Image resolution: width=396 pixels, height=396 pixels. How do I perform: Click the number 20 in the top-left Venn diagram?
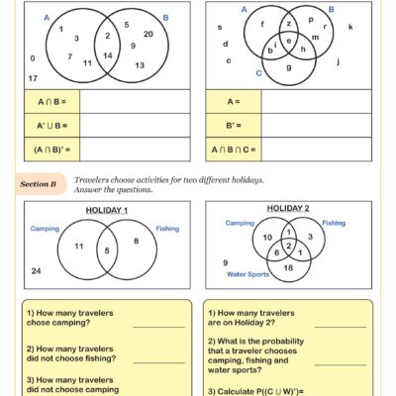[148, 34]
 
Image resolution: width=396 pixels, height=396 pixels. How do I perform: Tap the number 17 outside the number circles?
[33, 77]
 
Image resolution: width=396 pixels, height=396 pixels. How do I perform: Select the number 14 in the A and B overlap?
[108, 54]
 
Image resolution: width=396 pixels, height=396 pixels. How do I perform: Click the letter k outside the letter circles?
[351, 27]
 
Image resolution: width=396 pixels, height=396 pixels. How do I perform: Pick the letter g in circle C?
[288, 67]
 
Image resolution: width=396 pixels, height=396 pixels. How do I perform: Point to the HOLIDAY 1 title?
[106, 211]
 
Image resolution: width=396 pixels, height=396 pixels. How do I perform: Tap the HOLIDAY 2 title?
[288, 209]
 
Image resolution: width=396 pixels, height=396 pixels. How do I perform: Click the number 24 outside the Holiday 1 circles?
[36, 270]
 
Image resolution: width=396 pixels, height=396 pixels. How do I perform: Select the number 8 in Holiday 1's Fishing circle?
[136, 241]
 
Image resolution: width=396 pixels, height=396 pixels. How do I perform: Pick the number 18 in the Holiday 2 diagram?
[288, 267]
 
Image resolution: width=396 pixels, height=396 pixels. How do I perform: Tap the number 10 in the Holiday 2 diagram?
[267, 238]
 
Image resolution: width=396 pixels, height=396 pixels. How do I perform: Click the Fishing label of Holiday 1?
[167, 229]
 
